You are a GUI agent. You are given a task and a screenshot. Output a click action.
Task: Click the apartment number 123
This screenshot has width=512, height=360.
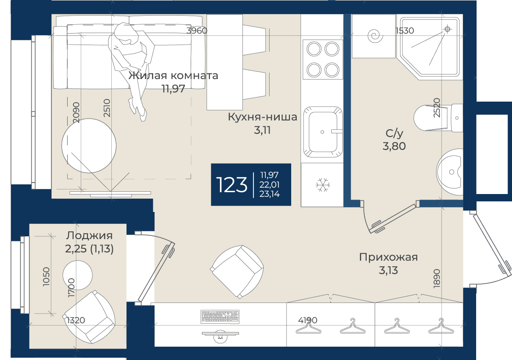click(231, 185)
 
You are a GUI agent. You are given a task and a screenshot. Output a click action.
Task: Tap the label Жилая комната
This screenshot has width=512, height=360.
click(173, 75)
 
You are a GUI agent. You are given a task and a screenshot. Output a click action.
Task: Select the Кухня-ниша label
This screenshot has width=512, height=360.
click(262, 116)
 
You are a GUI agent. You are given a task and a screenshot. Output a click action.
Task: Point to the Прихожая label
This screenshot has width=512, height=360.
click(388, 257)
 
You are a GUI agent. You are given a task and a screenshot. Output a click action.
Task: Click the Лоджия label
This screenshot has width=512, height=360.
click(89, 235)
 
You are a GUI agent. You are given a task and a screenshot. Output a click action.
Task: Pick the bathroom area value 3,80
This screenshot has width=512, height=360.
click(394, 146)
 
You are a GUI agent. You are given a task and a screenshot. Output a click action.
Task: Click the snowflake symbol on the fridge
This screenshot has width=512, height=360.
click(323, 185)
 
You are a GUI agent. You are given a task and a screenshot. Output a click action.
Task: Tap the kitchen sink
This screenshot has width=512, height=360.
click(322, 132)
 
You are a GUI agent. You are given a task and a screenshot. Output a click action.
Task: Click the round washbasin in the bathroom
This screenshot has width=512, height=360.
click(449, 172)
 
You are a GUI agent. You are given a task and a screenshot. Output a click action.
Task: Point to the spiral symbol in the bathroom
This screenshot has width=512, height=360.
click(375, 36)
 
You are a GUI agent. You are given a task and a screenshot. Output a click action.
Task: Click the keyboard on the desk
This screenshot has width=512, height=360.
click(220, 316)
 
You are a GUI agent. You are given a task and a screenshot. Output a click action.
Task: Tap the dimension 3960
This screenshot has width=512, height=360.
click(197, 31)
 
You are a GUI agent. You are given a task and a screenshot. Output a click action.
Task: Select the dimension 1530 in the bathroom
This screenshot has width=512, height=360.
click(404, 31)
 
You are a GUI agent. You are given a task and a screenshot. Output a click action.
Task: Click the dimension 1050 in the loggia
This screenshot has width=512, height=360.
click(47, 277)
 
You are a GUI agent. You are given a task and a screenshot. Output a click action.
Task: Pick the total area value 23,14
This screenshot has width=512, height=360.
click(270, 194)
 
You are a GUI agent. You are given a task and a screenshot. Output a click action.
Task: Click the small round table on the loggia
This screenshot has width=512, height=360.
click(77, 275)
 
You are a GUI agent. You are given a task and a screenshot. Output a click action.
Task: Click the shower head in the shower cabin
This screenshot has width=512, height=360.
click(448, 29)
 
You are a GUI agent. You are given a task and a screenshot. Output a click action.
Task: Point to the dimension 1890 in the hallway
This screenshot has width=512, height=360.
click(437, 279)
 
